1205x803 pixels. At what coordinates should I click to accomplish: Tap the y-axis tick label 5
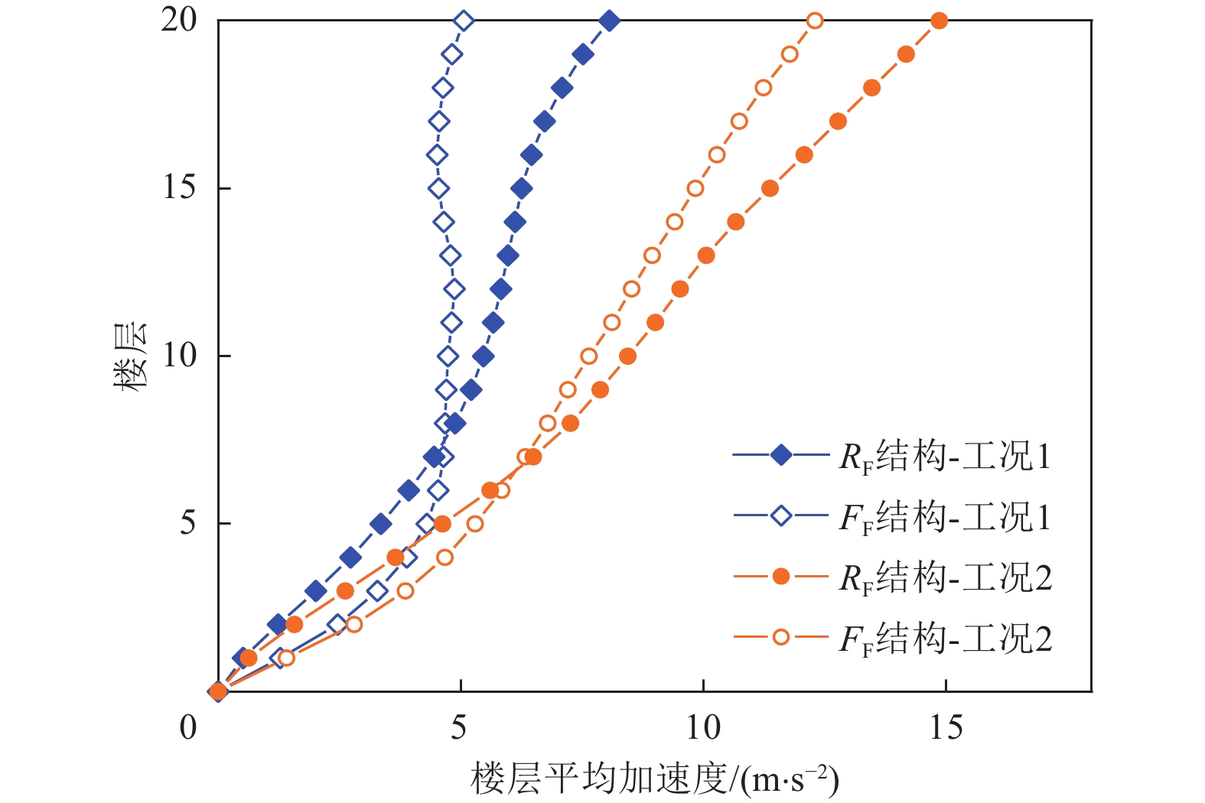(x=188, y=524)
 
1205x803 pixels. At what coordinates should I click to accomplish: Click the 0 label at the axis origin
(x=188, y=727)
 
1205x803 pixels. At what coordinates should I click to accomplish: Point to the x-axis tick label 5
(x=459, y=727)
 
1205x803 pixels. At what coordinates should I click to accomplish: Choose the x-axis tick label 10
(x=702, y=727)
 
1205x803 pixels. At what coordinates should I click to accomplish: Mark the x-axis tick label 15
(x=946, y=727)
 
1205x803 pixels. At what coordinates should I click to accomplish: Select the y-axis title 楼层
(x=130, y=356)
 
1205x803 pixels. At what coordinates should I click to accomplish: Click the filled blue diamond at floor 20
(x=609, y=21)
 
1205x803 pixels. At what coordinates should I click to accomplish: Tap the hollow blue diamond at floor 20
(x=464, y=21)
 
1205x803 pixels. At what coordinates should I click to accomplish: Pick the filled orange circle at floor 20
(x=940, y=21)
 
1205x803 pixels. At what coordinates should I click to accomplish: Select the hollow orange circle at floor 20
(x=816, y=21)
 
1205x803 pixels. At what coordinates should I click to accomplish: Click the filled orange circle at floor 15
(x=770, y=188)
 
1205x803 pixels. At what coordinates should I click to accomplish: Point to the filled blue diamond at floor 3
(x=315, y=591)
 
